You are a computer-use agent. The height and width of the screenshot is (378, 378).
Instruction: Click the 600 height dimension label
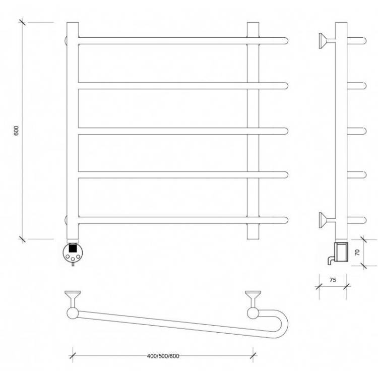point(16,131)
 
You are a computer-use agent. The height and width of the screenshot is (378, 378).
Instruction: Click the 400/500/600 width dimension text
point(163,356)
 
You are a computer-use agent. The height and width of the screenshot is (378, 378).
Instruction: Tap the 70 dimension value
point(357,253)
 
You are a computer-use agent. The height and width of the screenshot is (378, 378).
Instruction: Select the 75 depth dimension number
point(333,280)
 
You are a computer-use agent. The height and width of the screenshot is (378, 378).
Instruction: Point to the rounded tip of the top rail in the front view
point(286,41)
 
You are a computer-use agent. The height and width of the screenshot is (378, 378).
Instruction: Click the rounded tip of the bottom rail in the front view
point(286,220)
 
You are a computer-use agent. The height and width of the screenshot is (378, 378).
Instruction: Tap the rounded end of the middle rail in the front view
point(286,131)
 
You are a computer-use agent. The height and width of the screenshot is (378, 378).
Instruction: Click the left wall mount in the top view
point(73,299)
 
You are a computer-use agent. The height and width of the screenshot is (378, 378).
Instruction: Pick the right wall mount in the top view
point(253,299)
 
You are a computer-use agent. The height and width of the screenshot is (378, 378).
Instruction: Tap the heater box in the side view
point(341,252)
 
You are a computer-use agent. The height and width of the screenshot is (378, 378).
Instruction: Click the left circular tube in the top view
point(73,313)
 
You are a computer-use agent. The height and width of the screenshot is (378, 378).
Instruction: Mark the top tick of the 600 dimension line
point(22,22)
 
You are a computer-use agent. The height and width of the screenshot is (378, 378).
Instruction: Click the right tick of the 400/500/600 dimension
point(253,356)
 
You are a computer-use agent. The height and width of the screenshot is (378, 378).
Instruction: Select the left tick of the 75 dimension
point(319,286)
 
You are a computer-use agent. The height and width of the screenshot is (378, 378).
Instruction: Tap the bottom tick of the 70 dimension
point(363,266)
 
